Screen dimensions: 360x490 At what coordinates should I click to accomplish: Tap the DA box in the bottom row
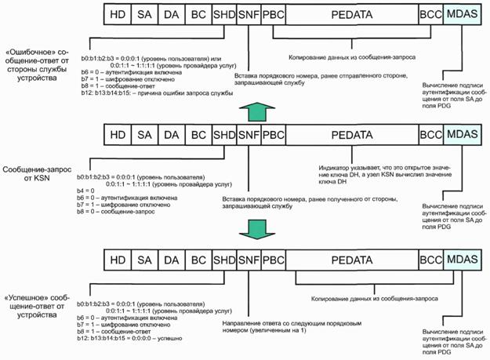click(171, 260)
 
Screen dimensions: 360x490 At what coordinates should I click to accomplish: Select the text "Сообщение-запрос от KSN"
click(37, 173)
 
